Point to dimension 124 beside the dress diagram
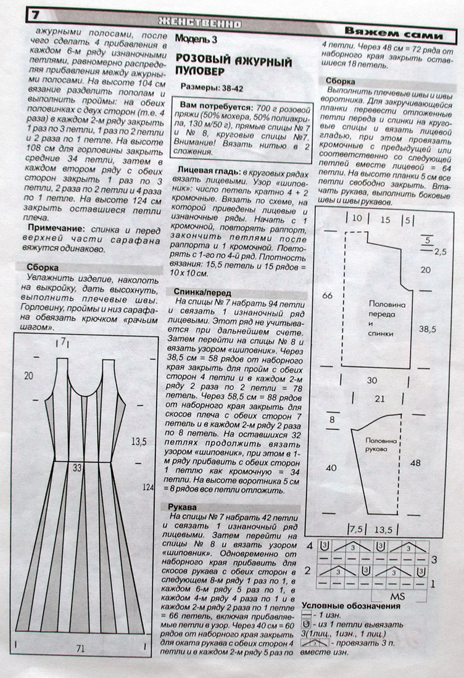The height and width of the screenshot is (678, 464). click(x=147, y=488)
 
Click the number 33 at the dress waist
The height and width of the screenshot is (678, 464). click(x=78, y=467)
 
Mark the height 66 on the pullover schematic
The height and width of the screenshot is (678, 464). click(x=327, y=295)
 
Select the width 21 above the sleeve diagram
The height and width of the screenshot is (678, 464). click(x=379, y=399)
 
